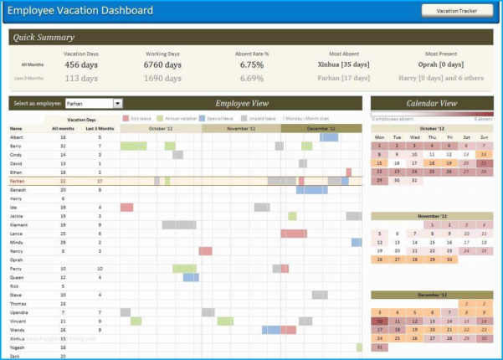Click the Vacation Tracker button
coord(457,11)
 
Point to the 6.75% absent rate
coord(252,64)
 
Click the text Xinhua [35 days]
coord(343,64)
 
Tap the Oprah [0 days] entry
coord(441,64)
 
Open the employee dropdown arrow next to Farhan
coord(118,103)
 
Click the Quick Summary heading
coord(44,37)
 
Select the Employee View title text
coord(242,103)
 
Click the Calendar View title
coord(431,103)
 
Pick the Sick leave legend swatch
coord(126,119)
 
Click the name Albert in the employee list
coord(17,136)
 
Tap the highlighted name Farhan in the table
coord(18,181)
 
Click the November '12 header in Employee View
coord(241,128)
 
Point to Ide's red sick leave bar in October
coord(126,207)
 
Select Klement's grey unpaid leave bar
coord(178,224)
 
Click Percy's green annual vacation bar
coord(184,269)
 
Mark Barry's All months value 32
coord(64,146)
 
